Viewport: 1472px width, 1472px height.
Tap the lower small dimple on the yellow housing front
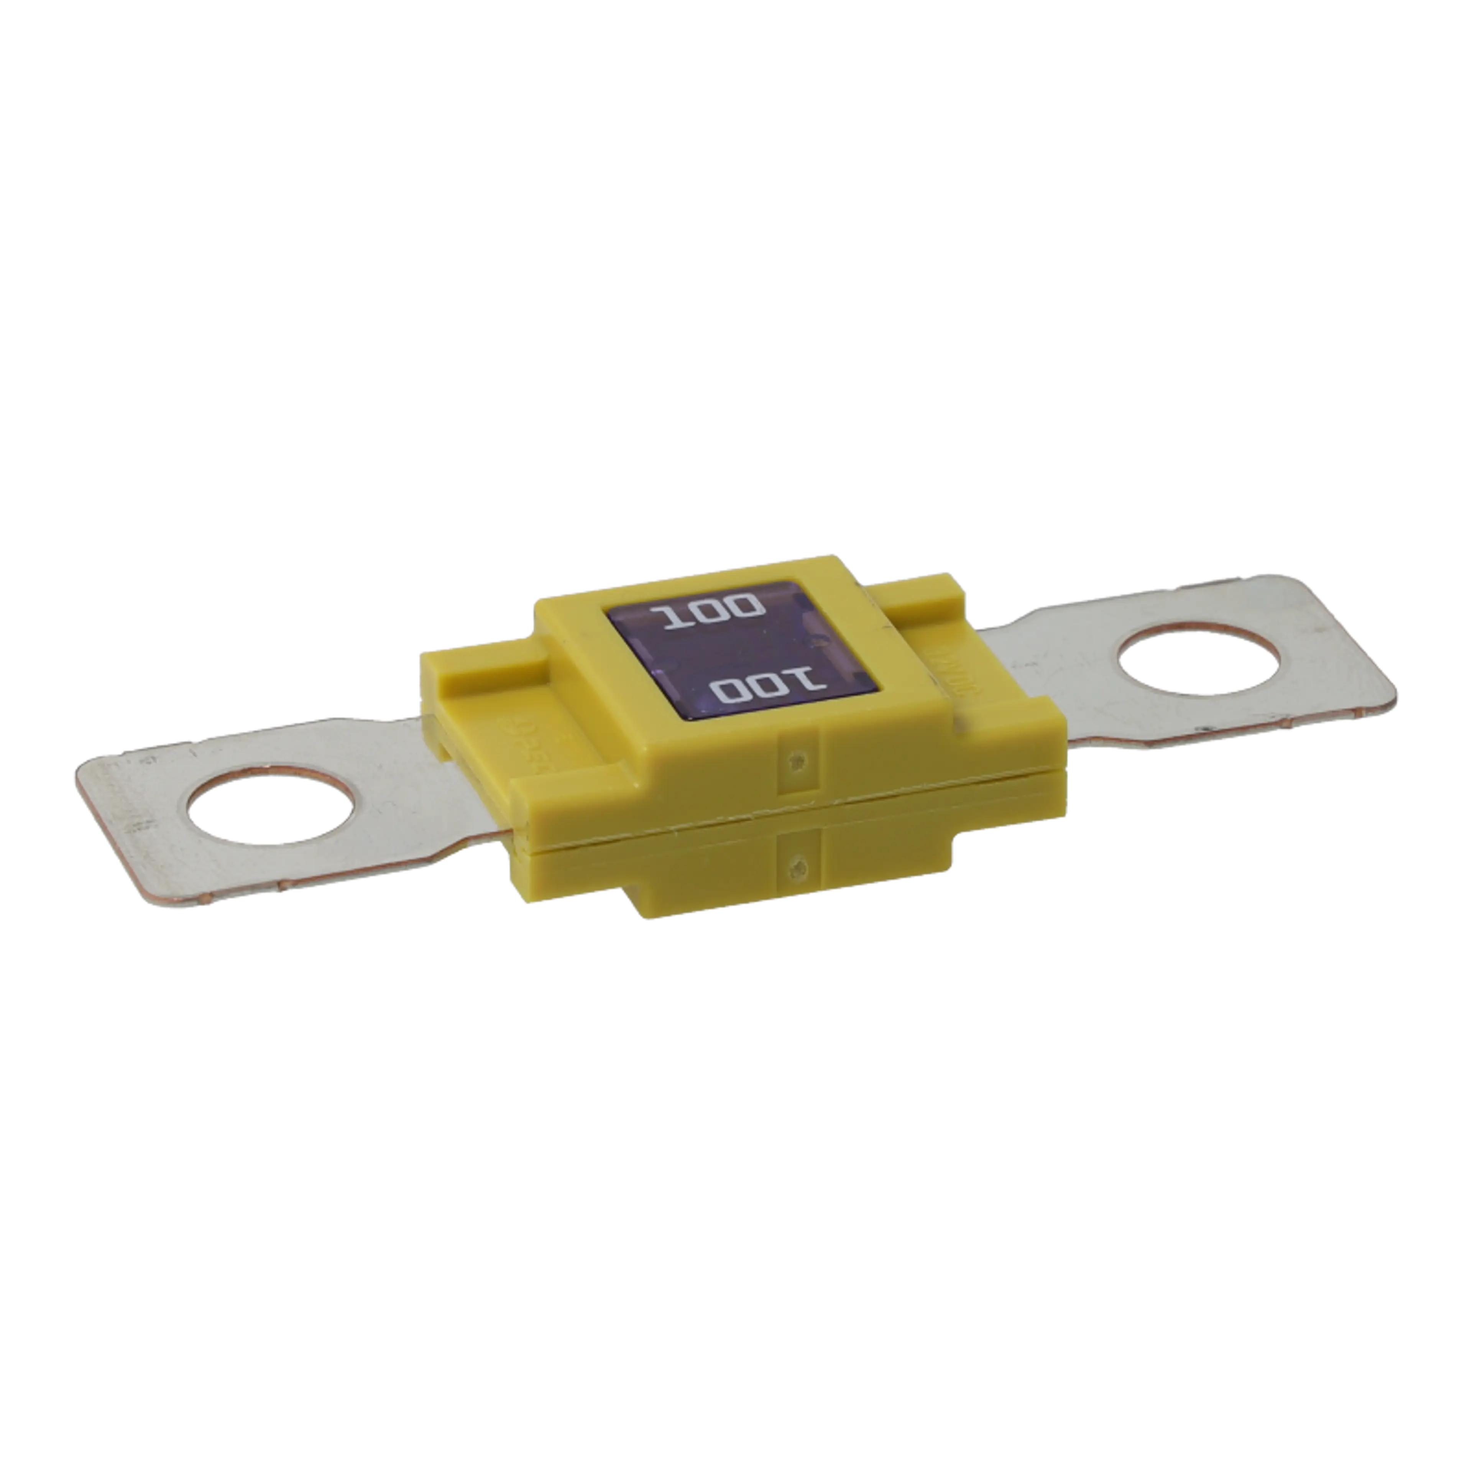click(x=798, y=865)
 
